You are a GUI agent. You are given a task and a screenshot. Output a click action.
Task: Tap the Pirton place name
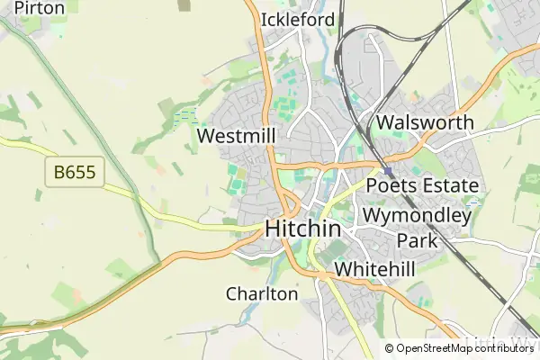point(40,8)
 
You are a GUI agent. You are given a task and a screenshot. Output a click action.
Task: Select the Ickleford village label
point(297,20)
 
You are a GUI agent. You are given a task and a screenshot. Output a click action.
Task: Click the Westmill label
point(234,137)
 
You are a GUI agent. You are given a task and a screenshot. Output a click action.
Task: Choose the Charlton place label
point(262,293)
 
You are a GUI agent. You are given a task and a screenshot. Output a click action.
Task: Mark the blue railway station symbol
point(388,171)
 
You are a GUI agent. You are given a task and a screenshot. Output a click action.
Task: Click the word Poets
point(392,186)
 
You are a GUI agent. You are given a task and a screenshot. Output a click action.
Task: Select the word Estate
point(451,186)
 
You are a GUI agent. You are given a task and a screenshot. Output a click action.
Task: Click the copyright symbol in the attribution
point(389,348)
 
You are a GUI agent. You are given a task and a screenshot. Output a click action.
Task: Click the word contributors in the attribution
point(505,348)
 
